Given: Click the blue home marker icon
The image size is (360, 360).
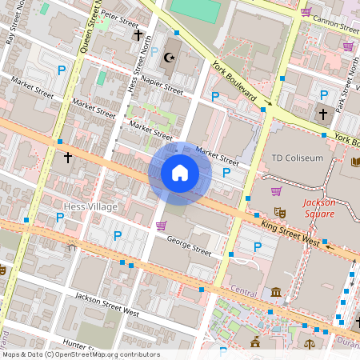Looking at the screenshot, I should (x=180, y=172).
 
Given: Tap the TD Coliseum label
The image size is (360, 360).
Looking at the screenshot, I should (x=298, y=158).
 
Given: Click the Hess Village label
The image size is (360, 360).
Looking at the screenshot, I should (x=90, y=207).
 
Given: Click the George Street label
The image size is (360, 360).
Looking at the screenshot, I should (x=189, y=250).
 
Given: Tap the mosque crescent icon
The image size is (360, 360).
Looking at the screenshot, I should (x=168, y=57).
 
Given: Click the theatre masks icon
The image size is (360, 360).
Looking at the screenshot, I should (x=281, y=212).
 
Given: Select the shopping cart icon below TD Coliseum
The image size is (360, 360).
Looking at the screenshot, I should (x=276, y=191).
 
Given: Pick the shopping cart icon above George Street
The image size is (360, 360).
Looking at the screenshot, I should (x=162, y=226).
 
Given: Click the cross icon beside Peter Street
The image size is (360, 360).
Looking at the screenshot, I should (x=138, y=35).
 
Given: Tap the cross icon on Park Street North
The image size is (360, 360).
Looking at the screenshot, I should (x=323, y=114).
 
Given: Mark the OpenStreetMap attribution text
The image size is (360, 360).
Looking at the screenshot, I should (x=80, y=354).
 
